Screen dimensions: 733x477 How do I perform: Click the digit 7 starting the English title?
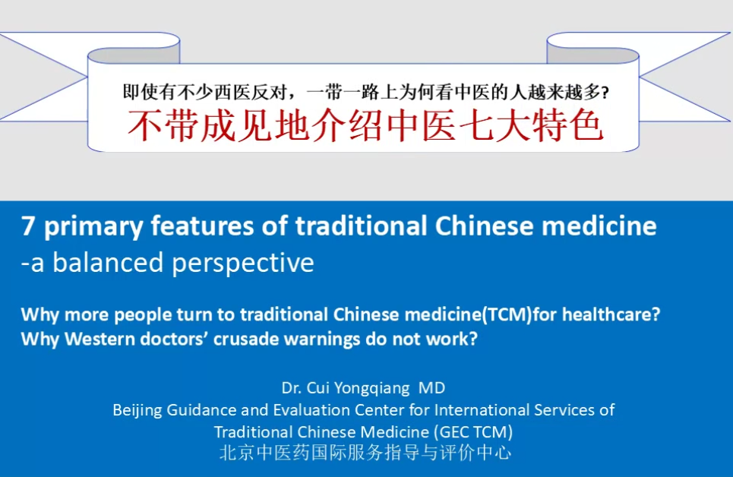pyautogui.click(x=27, y=226)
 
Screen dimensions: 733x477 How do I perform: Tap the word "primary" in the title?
pyautogui.click(x=93, y=228)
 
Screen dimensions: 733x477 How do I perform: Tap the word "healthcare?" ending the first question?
pyautogui.click(x=611, y=314)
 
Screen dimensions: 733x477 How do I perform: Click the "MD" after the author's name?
pyautogui.click(x=432, y=387)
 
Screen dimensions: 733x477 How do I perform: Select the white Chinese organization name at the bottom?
pyautogui.click(x=365, y=452)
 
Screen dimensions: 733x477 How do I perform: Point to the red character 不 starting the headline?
pyautogui.click(x=146, y=125)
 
